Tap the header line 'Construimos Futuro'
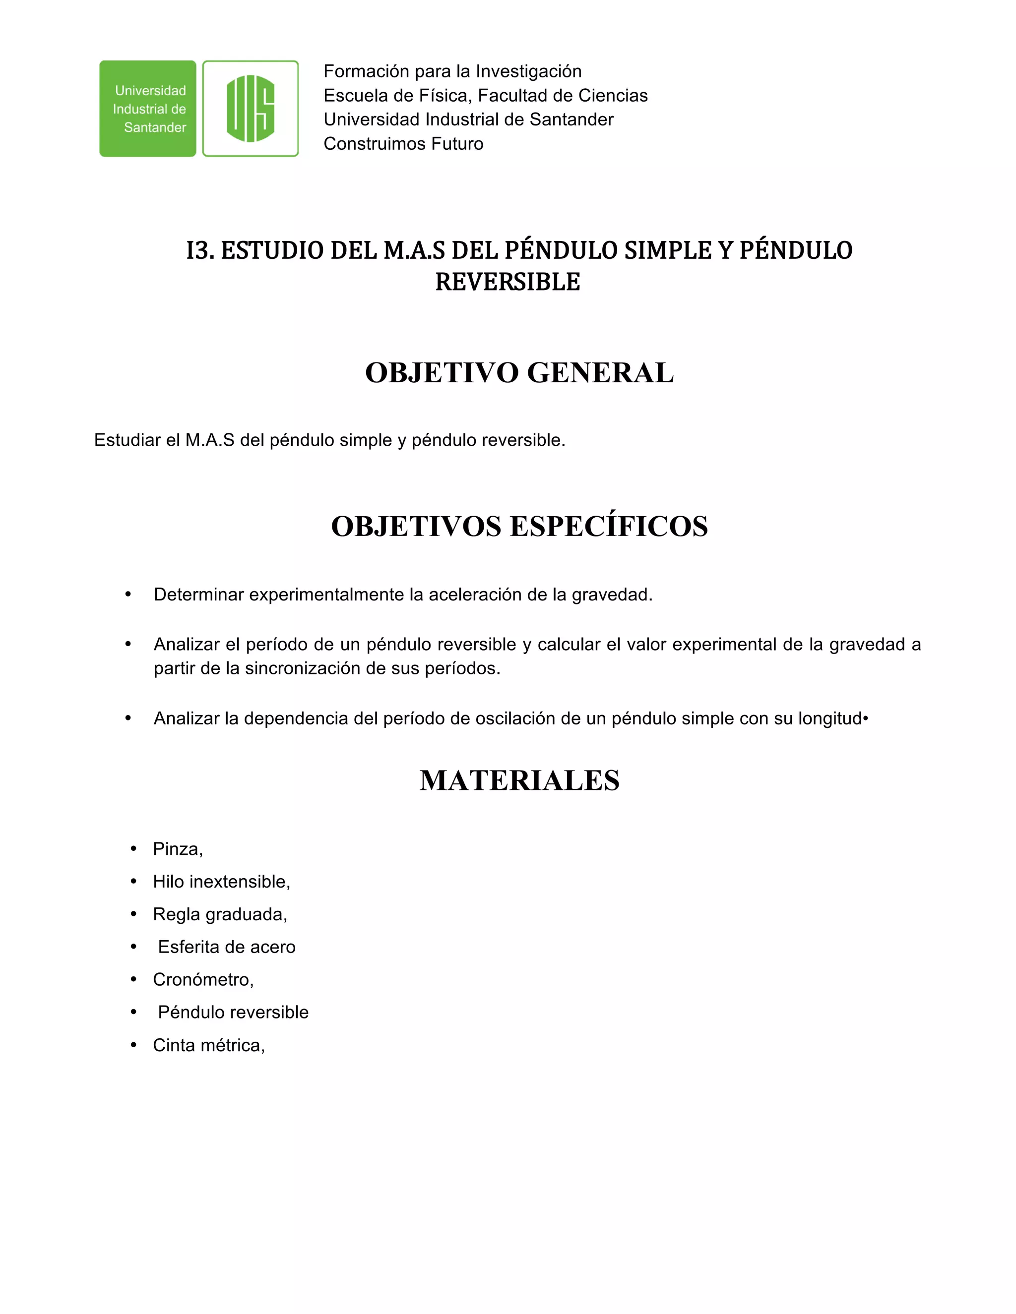pyautogui.click(x=403, y=144)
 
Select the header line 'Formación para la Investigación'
pyautogui.click(x=452, y=71)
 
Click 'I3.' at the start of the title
pyautogui.click(x=200, y=251)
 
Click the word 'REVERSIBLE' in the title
pyautogui.click(x=508, y=282)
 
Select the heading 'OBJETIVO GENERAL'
pyautogui.click(x=519, y=372)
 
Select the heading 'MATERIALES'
pyautogui.click(x=519, y=780)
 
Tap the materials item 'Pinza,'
pyautogui.click(x=178, y=849)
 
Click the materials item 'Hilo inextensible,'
pyautogui.click(x=221, y=882)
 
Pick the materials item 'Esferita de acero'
pyautogui.click(x=226, y=947)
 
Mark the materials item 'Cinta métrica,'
pyautogui.click(x=208, y=1046)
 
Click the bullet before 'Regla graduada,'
pyautogui.click(x=133, y=914)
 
